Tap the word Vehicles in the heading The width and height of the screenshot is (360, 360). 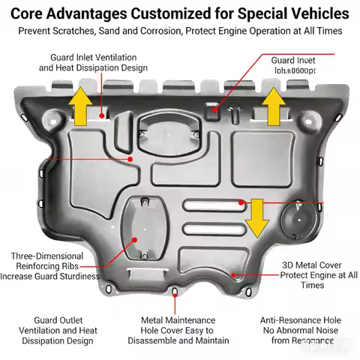(313, 13)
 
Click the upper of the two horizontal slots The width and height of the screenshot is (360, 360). (213, 205)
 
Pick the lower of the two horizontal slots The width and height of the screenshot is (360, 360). (213, 228)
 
